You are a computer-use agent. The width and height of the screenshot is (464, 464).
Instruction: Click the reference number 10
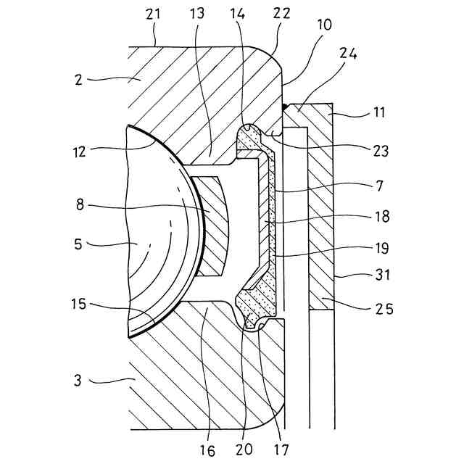[325, 24]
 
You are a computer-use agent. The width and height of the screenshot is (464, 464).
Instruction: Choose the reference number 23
[381, 152]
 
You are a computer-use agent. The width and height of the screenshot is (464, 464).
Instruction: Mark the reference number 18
[380, 216]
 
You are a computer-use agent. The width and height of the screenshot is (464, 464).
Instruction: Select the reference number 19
[380, 247]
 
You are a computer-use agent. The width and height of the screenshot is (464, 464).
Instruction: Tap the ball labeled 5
[156, 239]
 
